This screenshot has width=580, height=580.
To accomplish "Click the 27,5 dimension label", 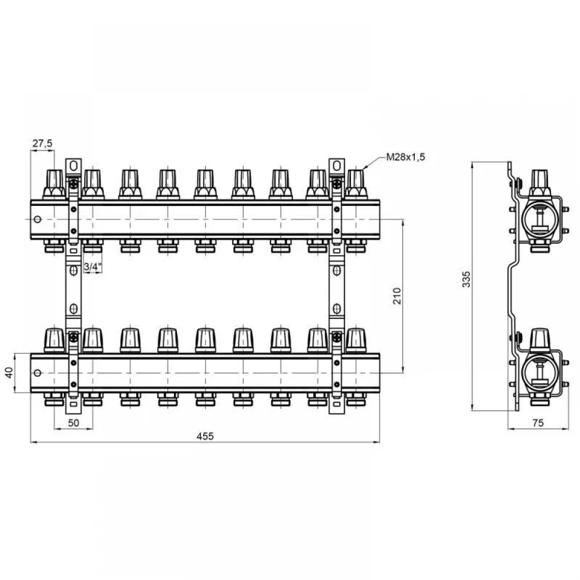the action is click(x=42, y=143).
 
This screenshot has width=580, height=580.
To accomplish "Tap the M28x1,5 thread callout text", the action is click(x=405, y=157).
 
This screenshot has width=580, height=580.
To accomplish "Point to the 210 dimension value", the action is click(x=397, y=296).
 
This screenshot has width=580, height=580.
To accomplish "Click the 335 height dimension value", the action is click(x=466, y=280).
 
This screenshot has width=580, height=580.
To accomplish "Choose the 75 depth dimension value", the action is click(x=538, y=423).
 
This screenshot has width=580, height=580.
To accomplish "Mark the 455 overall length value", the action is click(x=205, y=437).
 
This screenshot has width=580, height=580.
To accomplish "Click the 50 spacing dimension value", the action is click(x=74, y=423).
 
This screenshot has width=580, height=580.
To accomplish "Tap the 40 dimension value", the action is click(x=9, y=372).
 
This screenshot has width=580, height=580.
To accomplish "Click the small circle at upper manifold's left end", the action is click(x=37, y=219).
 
